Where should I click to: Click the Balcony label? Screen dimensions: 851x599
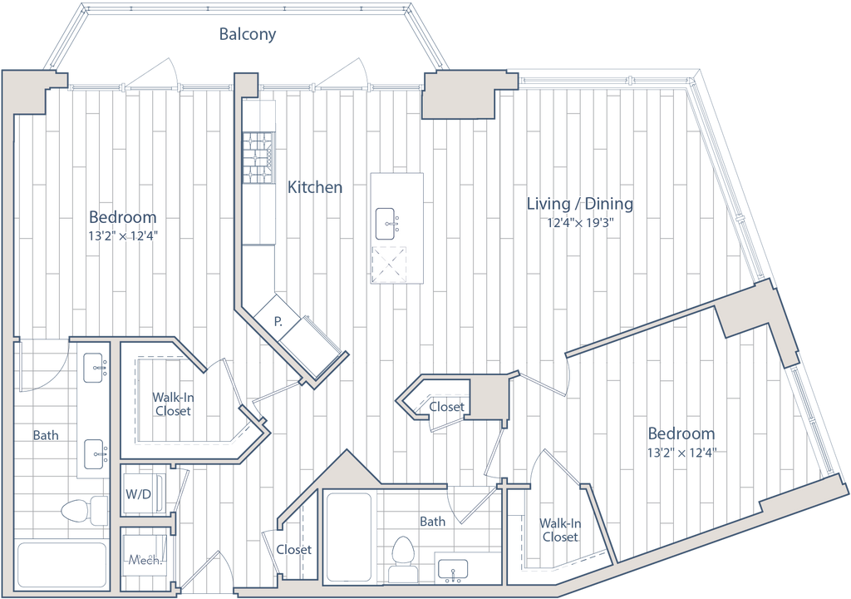point(247,35)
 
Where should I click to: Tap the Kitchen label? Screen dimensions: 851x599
point(316,188)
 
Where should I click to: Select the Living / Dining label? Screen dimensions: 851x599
point(581,204)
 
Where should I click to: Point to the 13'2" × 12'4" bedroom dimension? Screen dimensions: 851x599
point(123,235)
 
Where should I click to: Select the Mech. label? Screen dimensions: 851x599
point(145,561)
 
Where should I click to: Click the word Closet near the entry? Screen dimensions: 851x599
point(294,550)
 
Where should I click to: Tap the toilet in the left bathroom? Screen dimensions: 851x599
point(82,511)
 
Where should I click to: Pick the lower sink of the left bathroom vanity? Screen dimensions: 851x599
point(96,454)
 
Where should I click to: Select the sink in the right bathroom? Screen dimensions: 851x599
point(453,572)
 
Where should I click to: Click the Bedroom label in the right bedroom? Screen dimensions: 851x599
point(681,434)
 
